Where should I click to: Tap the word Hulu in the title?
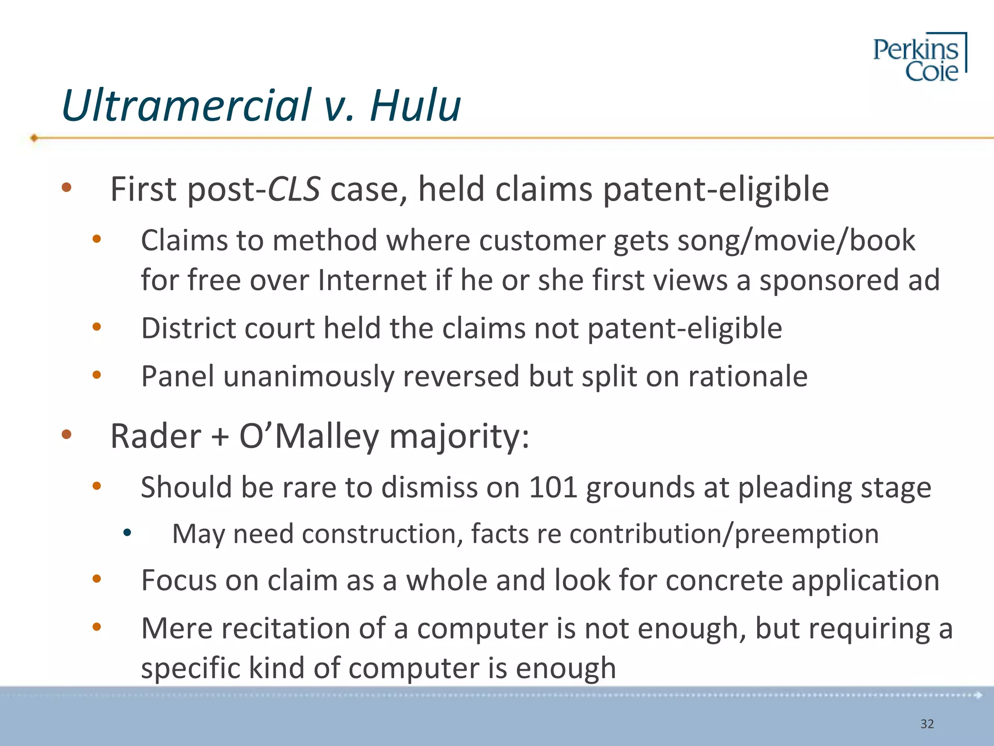(415, 105)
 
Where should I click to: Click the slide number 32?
(927, 724)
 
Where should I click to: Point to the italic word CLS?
(294, 189)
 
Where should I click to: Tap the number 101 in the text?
(553, 487)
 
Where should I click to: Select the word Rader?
(155, 436)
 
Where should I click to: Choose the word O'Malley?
(309, 436)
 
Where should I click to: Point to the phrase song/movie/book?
(796, 240)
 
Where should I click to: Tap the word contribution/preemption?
(724, 534)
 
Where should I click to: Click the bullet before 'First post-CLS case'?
(66, 188)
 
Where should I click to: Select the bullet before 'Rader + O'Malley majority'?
(66, 435)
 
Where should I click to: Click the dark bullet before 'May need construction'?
(127, 533)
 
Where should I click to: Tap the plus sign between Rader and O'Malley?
(220, 436)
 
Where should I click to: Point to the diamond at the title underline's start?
(34, 138)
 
